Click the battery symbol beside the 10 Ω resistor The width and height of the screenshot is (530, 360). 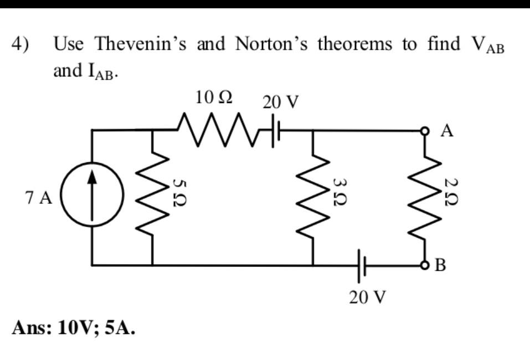point(275,132)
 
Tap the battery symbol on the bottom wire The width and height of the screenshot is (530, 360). point(361,265)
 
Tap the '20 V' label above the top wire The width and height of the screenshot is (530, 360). point(281,102)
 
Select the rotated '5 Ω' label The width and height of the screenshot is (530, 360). point(177,193)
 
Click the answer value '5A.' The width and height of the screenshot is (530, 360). point(118,328)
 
